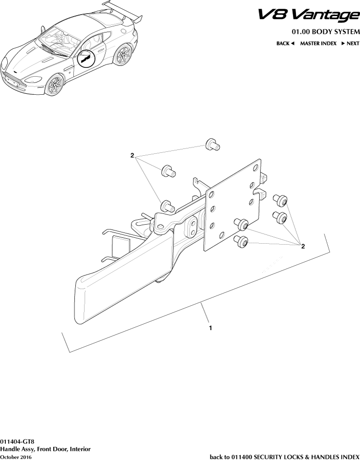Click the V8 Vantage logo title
coord(309,16)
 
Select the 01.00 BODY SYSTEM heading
coord(326,32)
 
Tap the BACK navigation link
coord(285,44)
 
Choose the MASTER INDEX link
coord(318,44)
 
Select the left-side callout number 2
coord(132,155)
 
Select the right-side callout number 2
coord(303,247)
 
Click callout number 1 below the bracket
coord(210,328)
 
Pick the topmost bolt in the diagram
coord(212,144)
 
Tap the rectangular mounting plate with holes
coord(233,205)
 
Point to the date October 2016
coord(16,457)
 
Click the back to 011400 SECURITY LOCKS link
coord(284,457)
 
